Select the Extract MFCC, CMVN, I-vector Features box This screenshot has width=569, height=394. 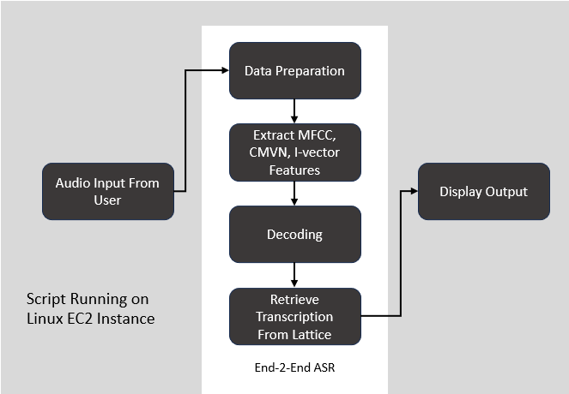click(294, 152)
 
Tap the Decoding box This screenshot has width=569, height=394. click(294, 234)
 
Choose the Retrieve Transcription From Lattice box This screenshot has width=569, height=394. click(294, 316)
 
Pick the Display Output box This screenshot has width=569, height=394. click(483, 191)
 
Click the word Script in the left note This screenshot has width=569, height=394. click(45, 300)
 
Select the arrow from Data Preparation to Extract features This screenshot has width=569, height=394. click(294, 110)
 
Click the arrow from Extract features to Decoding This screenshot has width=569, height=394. click(294, 192)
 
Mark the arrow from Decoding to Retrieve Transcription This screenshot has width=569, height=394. click(294, 274)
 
